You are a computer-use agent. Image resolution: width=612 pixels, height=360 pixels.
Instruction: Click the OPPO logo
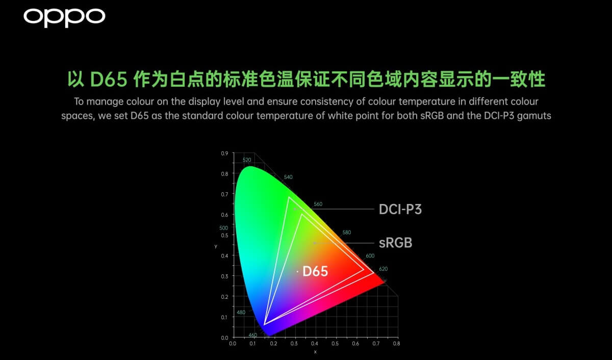64,17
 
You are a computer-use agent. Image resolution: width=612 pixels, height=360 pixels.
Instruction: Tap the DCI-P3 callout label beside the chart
400,209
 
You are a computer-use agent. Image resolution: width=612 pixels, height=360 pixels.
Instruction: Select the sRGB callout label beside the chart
396,243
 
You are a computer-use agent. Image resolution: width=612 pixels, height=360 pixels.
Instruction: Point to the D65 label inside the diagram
315,271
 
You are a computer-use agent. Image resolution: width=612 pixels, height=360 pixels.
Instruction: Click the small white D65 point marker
297,271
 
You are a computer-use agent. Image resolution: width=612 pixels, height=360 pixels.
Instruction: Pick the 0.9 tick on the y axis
224,153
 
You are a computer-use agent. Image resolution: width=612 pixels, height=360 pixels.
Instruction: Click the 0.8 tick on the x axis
396,343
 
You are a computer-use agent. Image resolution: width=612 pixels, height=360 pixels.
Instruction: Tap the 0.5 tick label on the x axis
335,343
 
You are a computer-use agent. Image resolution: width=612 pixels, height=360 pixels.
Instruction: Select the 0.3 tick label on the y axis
224,276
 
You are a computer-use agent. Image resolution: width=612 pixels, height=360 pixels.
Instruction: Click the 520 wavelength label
247,160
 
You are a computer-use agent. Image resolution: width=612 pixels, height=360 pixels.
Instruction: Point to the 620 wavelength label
384,269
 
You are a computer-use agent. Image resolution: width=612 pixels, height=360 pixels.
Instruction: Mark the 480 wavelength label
241,312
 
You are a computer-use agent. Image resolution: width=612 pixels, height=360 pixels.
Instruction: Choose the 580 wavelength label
347,232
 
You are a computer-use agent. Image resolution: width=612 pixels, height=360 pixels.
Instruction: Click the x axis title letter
315,352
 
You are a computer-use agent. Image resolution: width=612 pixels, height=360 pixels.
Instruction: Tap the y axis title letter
216,246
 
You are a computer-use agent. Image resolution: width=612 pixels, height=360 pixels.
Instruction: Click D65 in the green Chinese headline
109,79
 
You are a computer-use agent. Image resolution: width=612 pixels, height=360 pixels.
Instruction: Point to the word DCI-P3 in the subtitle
499,116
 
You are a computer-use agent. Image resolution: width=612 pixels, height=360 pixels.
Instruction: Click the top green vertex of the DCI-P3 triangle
289,197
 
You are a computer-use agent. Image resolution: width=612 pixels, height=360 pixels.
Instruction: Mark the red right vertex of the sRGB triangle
364,270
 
